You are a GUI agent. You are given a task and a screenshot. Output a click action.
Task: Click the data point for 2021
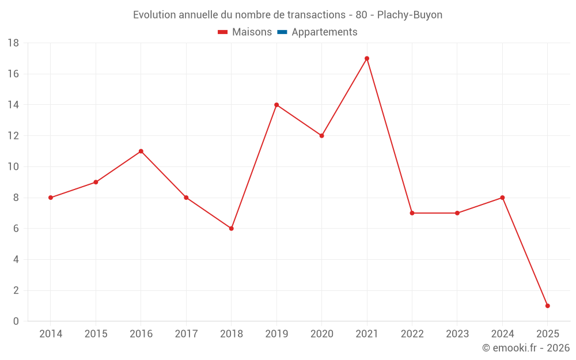coord(367,58)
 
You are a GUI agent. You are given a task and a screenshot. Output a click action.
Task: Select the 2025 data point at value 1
coord(547,306)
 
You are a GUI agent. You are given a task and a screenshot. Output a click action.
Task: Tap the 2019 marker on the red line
coord(276,105)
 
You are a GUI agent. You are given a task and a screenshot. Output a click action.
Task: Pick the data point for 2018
coord(232,229)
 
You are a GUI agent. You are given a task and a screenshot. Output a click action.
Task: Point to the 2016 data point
coord(141,151)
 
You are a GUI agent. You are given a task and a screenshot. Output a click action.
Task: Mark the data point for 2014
coord(51,198)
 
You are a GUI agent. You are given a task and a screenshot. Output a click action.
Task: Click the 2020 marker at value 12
coord(322,136)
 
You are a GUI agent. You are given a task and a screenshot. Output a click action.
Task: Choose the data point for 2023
coord(457,213)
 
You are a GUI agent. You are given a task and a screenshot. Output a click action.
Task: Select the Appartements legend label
coord(324,32)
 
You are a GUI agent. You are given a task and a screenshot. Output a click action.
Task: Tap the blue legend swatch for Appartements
coord(282,32)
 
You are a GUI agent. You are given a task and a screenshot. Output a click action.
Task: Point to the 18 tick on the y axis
coord(13,43)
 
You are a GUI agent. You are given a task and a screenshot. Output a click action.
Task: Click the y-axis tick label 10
coord(13,167)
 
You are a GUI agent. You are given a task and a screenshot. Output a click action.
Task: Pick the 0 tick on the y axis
coord(16,321)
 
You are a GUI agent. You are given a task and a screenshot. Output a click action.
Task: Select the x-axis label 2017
coord(186,334)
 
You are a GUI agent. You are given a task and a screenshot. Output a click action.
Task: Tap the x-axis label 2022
coord(412,334)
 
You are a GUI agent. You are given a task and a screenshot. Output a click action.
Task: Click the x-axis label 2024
coord(502,334)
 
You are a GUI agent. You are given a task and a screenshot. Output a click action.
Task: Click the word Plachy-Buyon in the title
coord(410,15)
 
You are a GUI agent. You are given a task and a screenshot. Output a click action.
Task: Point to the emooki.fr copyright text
coord(526,348)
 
